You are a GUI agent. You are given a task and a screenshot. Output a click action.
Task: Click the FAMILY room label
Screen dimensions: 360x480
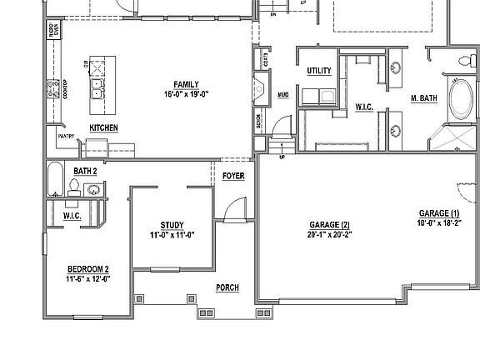[x=185, y=84]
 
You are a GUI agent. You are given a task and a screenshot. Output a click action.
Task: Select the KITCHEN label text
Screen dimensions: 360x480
[x=103, y=127]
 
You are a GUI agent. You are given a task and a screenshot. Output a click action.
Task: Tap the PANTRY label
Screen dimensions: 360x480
[x=67, y=135]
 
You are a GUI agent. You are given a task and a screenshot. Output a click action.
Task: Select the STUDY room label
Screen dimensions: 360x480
[x=172, y=225]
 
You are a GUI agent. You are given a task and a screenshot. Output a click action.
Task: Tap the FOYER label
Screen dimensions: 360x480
[x=233, y=177]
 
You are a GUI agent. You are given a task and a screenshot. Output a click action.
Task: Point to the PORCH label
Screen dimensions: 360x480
[x=227, y=287]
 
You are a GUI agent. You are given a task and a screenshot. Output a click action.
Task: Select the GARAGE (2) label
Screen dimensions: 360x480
[x=329, y=225]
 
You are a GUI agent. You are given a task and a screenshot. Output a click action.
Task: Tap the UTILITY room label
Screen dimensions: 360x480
[x=320, y=71]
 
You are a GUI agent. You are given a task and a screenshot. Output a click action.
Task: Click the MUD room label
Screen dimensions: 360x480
[x=282, y=94]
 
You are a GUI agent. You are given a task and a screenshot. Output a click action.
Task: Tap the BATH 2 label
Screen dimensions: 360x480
[x=85, y=171]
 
